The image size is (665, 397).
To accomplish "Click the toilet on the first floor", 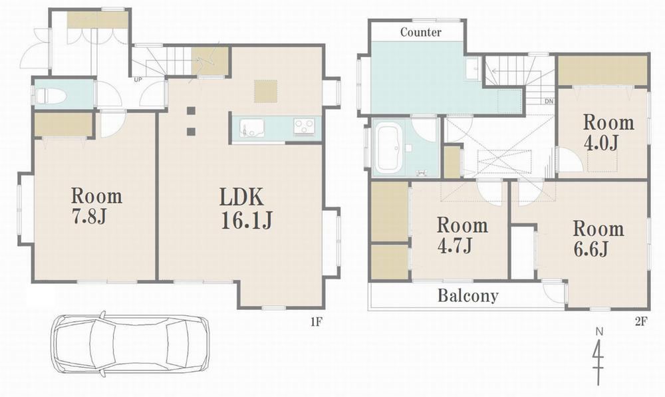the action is point(50,96).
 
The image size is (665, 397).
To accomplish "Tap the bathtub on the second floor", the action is point(390,148).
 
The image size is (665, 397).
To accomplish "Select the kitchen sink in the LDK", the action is point(251,128).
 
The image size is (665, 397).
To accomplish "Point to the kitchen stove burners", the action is point(305,127).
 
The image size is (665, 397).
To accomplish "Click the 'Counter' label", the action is point(421,32).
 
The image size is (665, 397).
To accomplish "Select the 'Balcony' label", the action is point(467,295).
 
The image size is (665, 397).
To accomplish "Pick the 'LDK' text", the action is point(241,198).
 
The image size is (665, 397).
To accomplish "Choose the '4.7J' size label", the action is point(454,245).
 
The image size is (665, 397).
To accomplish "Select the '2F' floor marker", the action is point(640,323).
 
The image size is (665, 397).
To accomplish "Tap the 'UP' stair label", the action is point(138,79).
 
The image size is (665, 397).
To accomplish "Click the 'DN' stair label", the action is point(549,101).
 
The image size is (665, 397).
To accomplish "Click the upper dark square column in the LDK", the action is point(191,111).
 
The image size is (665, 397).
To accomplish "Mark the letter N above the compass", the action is point(599,332).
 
